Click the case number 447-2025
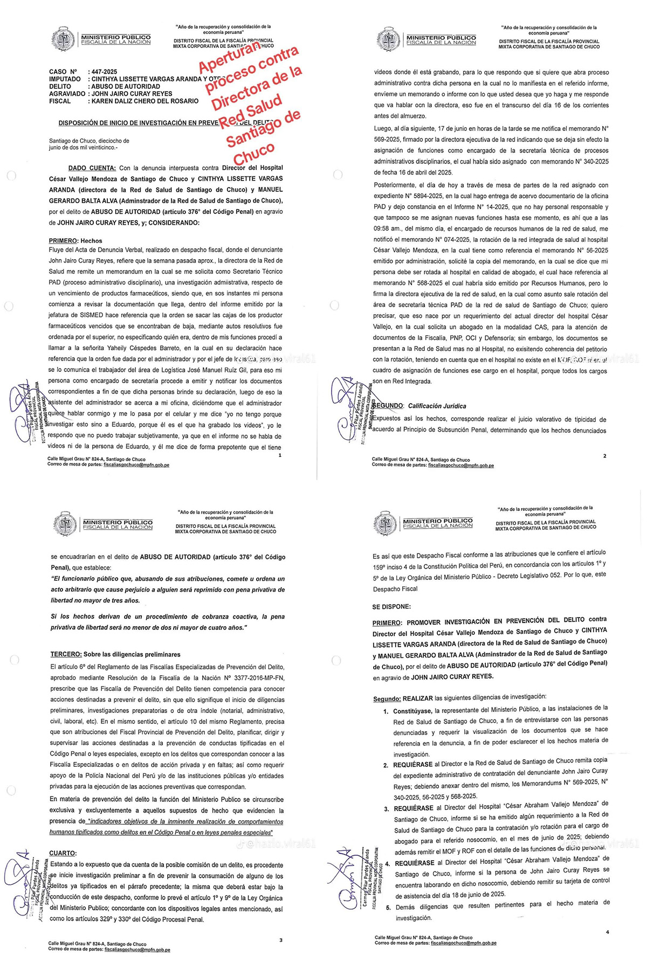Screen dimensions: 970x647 (x=104, y=72)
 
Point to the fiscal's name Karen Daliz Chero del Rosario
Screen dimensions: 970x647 (x=144, y=101)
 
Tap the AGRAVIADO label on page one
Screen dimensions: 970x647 (x=67, y=94)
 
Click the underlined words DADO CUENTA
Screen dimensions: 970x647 (x=92, y=168)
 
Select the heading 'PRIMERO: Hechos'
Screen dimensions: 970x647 (x=75, y=241)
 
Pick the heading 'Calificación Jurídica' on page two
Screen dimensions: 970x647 (x=437, y=406)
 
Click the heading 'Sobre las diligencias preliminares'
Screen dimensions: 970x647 (x=132, y=654)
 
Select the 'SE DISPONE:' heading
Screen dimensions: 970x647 (x=391, y=606)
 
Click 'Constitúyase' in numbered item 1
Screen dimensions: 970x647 (x=412, y=711)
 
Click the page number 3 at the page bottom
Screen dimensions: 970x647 (x=281, y=940)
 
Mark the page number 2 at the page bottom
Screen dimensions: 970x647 (x=605, y=456)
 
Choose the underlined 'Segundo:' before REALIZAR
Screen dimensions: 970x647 (x=387, y=699)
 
